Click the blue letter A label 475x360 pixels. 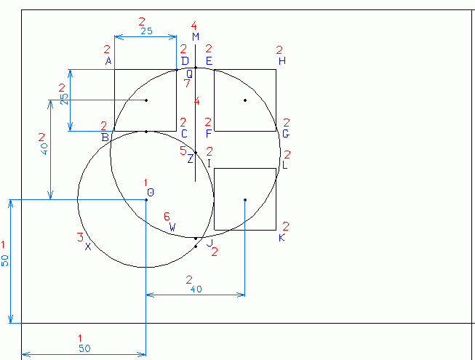[108, 61]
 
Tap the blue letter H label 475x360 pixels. [282, 61]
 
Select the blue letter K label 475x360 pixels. [282, 238]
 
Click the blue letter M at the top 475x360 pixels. [196, 36]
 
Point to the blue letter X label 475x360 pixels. [87, 247]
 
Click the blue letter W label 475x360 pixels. [172, 228]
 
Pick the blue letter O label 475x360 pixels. [150, 192]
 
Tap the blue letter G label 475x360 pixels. [286, 134]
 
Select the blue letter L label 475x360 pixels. [284, 165]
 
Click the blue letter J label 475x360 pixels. [209, 244]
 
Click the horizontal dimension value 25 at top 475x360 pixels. [146, 31]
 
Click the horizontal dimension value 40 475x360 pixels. [195, 289]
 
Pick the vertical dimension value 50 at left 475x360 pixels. [6, 260]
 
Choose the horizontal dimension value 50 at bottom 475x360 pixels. [84, 348]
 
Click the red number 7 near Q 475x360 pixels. [187, 84]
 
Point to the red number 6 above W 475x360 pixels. [167, 217]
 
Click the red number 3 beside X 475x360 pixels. [79, 237]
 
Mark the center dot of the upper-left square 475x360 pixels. [146, 100]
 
